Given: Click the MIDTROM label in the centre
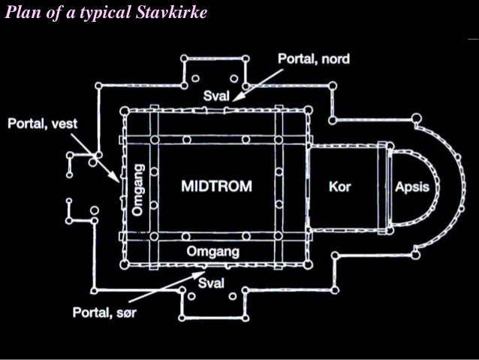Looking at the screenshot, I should pos(215,186).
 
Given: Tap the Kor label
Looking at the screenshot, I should pos(340,186).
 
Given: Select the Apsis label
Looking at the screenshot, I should pos(412,186).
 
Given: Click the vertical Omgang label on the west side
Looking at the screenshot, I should pos(137,190).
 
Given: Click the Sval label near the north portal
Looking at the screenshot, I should pos(217,97).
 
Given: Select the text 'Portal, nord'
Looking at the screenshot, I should pos(314,59).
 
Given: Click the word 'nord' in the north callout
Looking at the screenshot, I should pos(335,59).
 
